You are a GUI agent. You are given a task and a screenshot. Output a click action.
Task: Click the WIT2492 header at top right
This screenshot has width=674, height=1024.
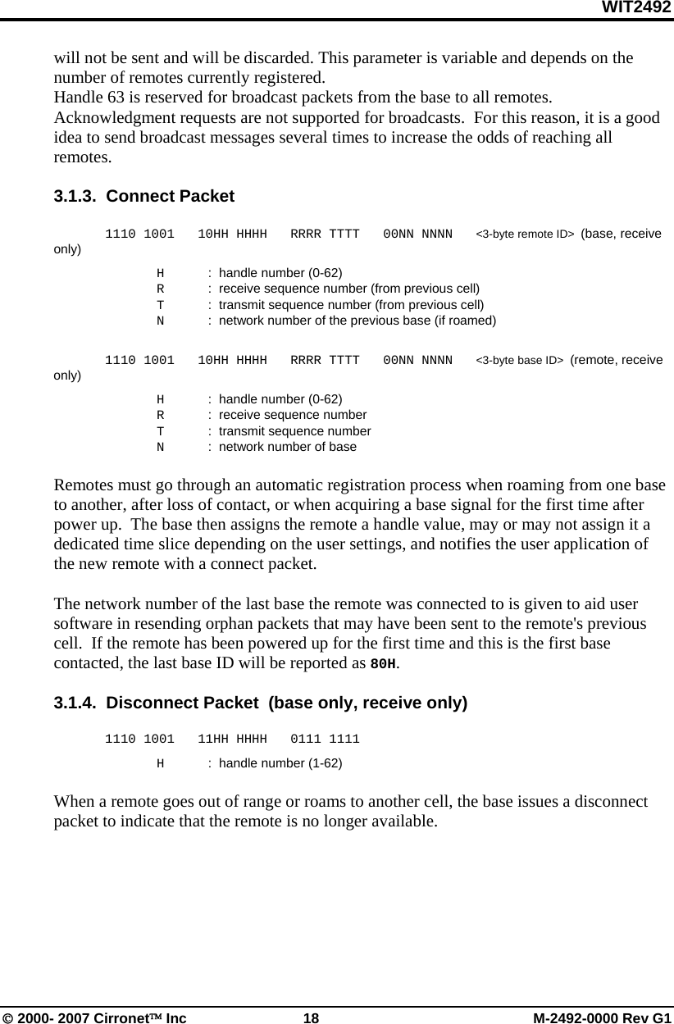(636, 8)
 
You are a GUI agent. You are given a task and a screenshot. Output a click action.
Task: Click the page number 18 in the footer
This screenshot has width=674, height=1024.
(311, 1017)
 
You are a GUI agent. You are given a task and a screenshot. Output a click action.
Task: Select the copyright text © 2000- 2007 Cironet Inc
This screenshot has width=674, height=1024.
(94, 1017)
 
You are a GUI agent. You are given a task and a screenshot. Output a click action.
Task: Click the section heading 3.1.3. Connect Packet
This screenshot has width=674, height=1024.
(143, 197)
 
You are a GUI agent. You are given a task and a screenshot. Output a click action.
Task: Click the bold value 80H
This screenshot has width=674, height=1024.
(384, 663)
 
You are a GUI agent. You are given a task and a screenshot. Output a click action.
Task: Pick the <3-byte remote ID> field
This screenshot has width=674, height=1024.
(525, 234)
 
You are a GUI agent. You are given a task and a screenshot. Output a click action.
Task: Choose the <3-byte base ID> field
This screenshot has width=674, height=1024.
(519, 361)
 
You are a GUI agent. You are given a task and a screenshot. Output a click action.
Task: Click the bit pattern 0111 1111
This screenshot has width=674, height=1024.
(325, 740)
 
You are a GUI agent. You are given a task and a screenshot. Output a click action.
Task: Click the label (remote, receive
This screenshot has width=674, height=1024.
(617, 360)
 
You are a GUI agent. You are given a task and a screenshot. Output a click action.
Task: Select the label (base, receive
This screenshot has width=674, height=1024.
(621, 234)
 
